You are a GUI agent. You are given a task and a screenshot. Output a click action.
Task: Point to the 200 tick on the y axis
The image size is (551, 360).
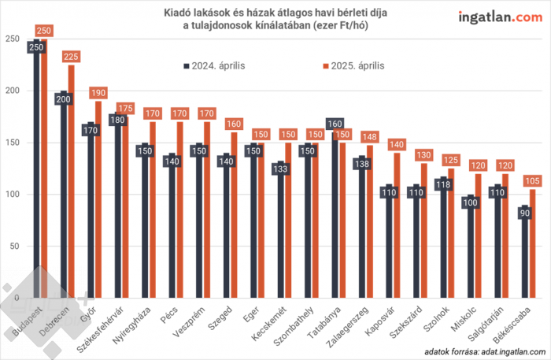click(x=10, y=91)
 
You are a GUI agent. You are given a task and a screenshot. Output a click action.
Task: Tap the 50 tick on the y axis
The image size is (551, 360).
click(x=13, y=247)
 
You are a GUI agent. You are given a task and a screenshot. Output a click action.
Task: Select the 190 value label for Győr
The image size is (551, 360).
click(x=98, y=92)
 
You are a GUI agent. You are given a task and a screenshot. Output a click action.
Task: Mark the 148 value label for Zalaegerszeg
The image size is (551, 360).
click(x=370, y=136)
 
